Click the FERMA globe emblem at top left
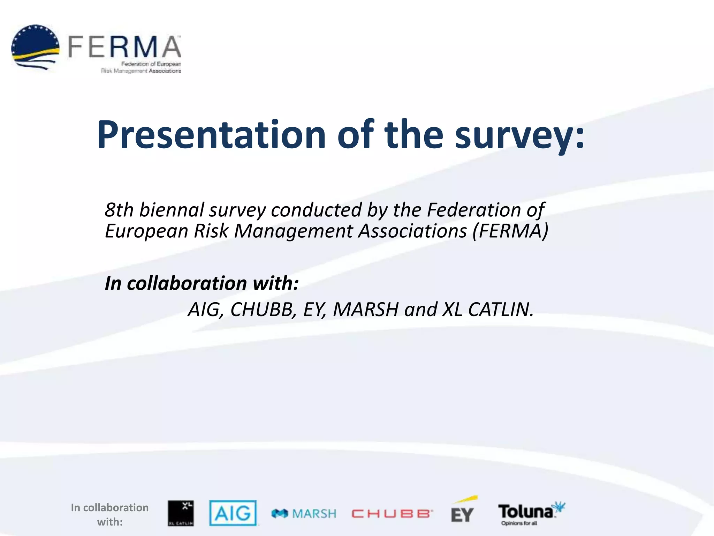pos(35,47)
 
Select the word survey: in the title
pos(519,136)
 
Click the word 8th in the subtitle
pos(119,210)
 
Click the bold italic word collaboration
pos(187,283)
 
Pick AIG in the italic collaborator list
pos(206,310)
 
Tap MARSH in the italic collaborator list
pos(366,310)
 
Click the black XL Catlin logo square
pos(181,513)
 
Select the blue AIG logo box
pos(233,513)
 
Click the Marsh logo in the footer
pos(304,514)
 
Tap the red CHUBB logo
pos(392,514)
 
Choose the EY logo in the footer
pos(463,512)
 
